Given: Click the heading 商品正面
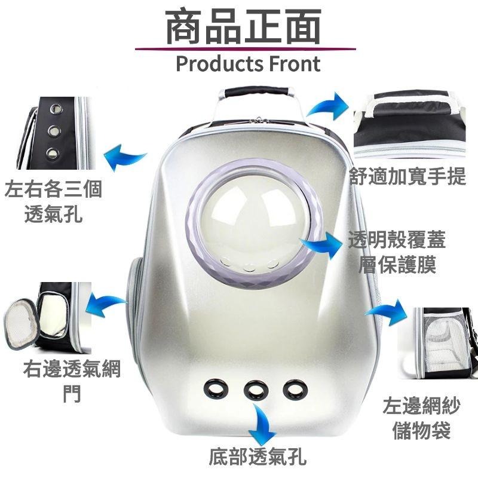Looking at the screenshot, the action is (244, 26).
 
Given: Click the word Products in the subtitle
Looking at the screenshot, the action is (219, 64).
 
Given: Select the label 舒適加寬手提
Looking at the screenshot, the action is (407, 176).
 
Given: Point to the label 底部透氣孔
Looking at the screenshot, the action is (258, 456).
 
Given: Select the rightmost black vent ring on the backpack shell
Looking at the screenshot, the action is (295, 390).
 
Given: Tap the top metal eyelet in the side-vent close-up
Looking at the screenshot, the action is (56, 108).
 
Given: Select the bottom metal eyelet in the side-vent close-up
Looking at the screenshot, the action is (53, 153).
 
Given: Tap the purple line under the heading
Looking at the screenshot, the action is (246, 49).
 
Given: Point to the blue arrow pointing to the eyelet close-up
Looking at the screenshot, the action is (124, 157).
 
